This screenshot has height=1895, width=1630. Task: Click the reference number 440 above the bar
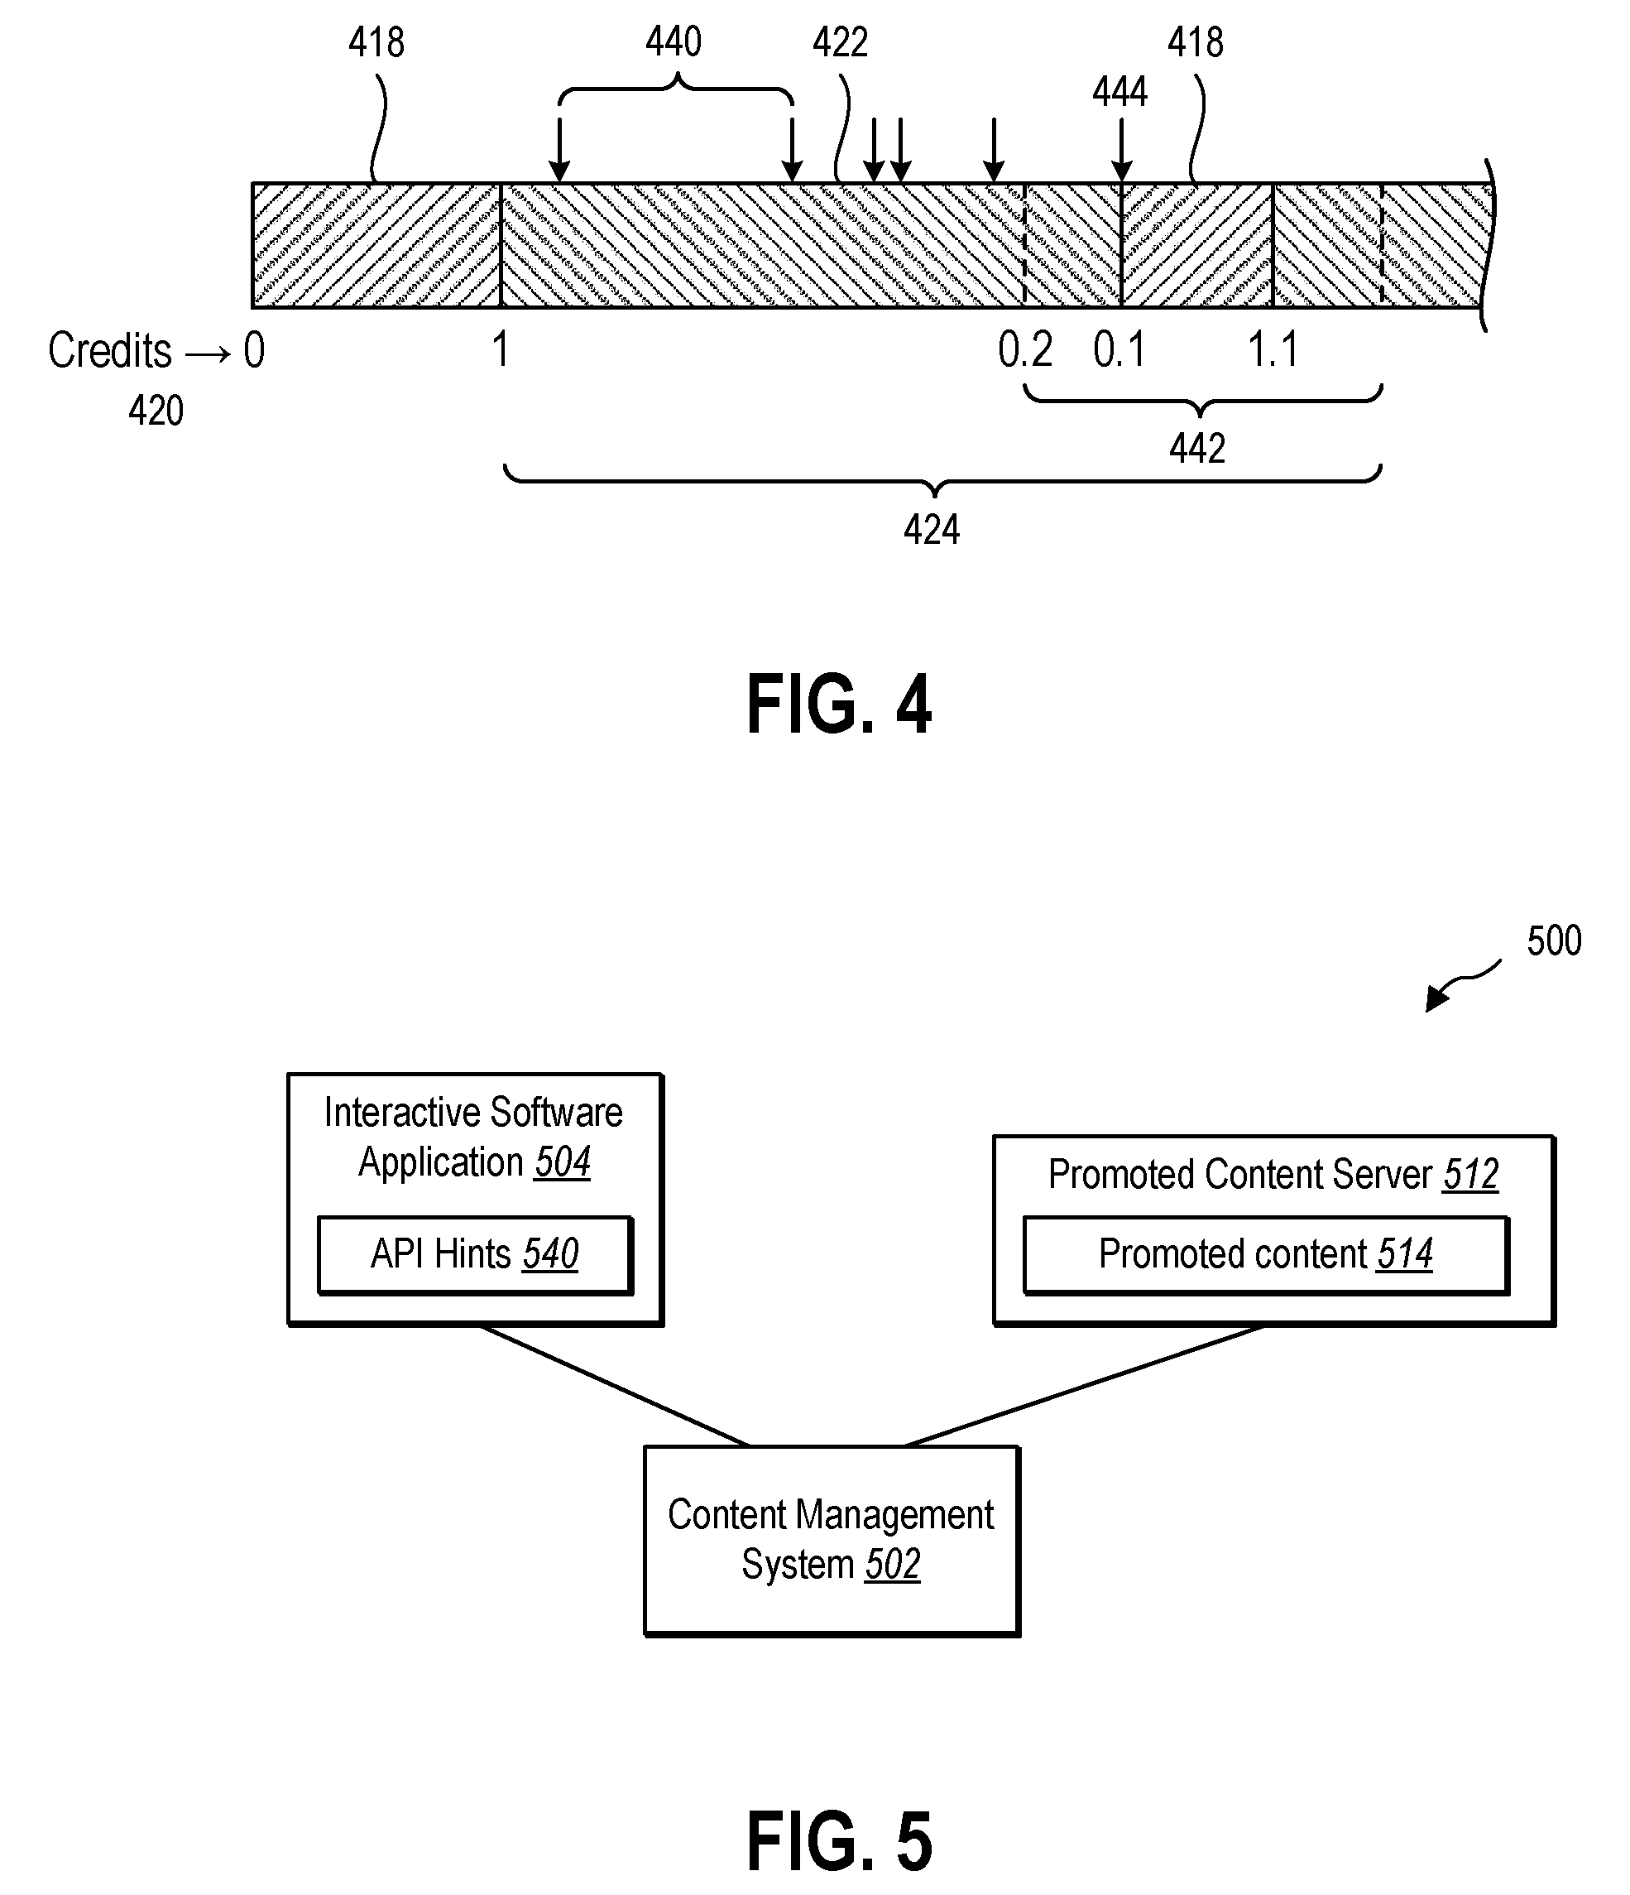pos(674,42)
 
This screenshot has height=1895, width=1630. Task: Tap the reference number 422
pos(840,42)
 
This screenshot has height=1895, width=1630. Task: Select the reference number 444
pos(1119,91)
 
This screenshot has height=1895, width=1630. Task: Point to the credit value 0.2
pos(1025,349)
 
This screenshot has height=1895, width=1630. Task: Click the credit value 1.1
pos(1273,349)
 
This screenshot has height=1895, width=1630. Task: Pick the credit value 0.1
pos(1119,349)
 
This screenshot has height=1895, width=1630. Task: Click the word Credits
pos(110,350)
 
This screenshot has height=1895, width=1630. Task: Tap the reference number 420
pos(156,411)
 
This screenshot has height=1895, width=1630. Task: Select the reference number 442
pos(1196,448)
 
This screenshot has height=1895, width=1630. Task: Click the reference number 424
pos(932,530)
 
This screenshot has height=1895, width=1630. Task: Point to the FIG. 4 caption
pos(838,705)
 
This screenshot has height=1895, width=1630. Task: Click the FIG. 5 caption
pos(839,1840)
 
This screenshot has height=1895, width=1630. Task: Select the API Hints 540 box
pos(474,1255)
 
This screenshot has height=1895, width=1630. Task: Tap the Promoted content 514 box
pos(1265,1255)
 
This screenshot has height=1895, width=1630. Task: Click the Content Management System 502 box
pos(831,1541)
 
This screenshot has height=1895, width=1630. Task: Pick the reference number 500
pos(1554,941)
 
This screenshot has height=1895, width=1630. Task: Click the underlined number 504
pos(563,1162)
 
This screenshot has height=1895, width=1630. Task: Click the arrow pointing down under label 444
pos(1121,150)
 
